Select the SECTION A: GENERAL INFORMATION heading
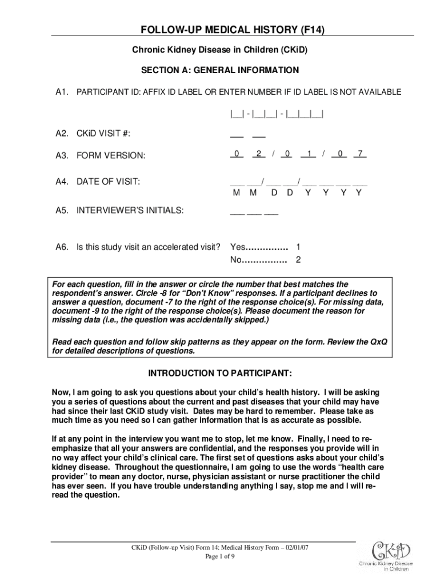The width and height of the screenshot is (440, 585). [x=220, y=70]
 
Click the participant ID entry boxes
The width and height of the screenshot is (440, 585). [x=277, y=113]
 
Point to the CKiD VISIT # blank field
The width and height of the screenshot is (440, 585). [x=247, y=134]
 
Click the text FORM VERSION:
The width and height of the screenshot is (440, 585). [x=111, y=155]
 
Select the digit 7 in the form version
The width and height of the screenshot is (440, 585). [x=360, y=154]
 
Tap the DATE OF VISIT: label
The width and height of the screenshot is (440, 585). [x=109, y=182]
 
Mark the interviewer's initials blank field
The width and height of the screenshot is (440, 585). [x=254, y=211]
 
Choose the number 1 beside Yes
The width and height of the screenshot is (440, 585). [x=298, y=247]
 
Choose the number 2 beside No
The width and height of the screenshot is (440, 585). [x=298, y=261]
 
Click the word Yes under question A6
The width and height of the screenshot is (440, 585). [x=237, y=247]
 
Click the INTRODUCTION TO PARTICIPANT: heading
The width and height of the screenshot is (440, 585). [x=220, y=374]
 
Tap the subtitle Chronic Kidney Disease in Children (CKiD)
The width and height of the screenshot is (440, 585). [x=220, y=50]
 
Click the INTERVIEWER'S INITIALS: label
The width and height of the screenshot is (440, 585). [x=130, y=210]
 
